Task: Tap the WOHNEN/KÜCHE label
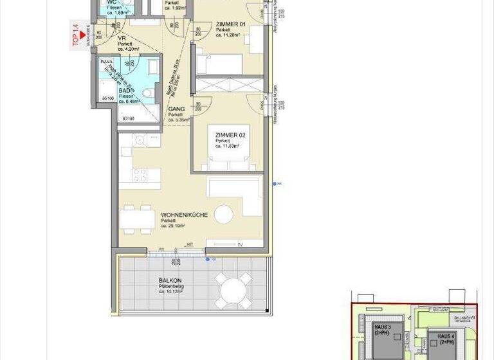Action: (183, 215)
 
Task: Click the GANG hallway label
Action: (176, 109)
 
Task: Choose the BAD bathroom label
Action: (125, 91)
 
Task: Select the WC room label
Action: (111, 2)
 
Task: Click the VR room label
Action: (122, 39)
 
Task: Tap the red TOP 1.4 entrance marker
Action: (82, 39)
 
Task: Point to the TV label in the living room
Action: (240, 245)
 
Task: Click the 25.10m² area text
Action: (173, 226)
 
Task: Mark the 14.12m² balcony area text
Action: (170, 291)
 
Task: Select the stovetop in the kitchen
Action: (140, 174)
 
